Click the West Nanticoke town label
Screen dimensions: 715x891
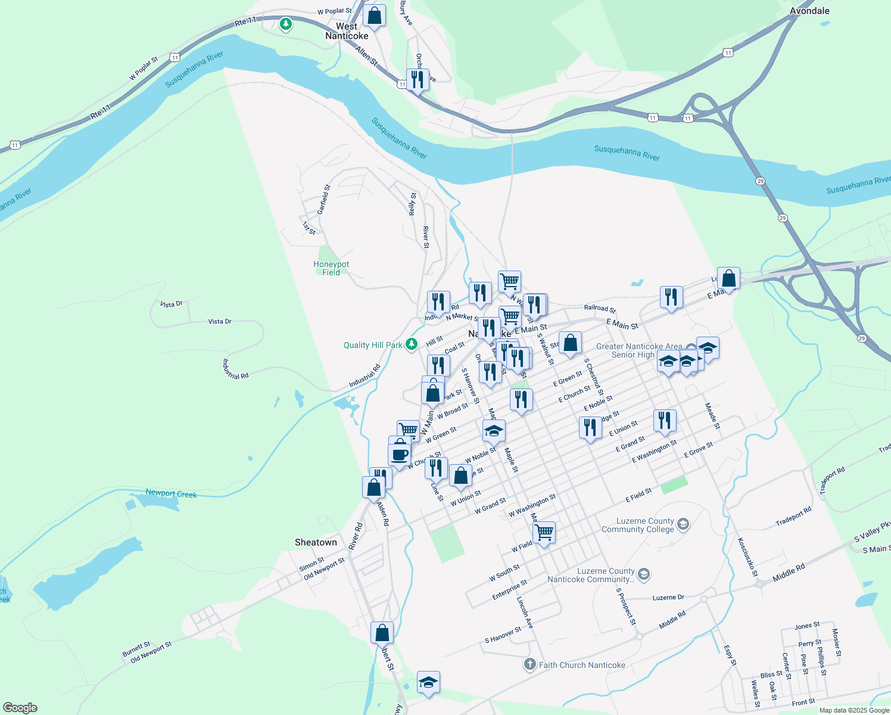pyautogui.click(x=347, y=31)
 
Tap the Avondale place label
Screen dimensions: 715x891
pyautogui.click(x=809, y=11)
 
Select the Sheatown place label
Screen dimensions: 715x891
pyautogui.click(x=316, y=542)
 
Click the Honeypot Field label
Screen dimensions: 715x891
pyautogui.click(x=331, y=268)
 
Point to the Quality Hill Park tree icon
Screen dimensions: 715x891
pyautogui.click(x=411, y=344)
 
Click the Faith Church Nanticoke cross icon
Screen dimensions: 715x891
pyautogui.click(x=530, y=664)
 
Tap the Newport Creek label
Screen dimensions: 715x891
pyautogui.click(x=171, y=493)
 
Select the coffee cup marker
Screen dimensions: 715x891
pyautogui.click(x=400, y=455)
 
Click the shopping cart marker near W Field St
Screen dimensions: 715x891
pyautogui.click(x=544, y=531)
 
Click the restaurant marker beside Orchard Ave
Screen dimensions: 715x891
pyautogui.click(x=418, y=79)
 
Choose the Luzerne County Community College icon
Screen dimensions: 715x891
pyautogui.click(x=683, y=524)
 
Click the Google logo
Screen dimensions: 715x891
pyautogui.click(x=20, y=708)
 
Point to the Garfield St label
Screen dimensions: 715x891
pyautogui.click(x=323, y=200)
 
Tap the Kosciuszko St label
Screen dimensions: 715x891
pyautogui.click(x=747, y=557)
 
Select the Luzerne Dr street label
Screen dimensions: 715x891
pyautogui.click(x=668, y=597)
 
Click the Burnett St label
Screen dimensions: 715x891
pyautogui.click(x=136, y=649)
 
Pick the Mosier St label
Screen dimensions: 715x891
pyautogui.click(x=836, y=642)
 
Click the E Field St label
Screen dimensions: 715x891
pyautogui.click(x=638, y=495)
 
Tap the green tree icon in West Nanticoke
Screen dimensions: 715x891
pyautogui.click(x=286, y=24)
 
